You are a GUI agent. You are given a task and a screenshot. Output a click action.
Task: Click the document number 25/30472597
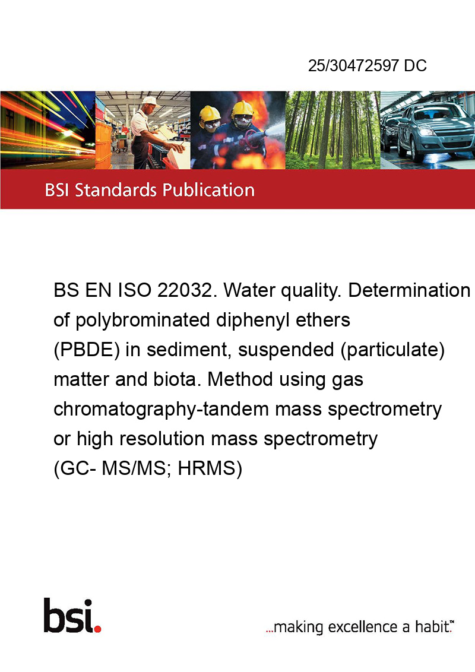353,65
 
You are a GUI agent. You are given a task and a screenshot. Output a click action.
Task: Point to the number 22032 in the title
184,290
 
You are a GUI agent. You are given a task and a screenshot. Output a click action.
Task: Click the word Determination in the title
409,290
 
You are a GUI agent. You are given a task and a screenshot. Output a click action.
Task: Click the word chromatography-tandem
161,409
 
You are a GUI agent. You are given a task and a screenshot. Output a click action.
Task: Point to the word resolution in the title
163,439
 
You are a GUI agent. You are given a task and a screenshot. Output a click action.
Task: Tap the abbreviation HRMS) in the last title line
210,468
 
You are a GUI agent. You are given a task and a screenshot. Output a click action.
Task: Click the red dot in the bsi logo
97,629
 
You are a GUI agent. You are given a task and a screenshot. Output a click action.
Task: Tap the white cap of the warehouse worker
150,101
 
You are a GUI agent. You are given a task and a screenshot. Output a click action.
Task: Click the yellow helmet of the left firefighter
209,113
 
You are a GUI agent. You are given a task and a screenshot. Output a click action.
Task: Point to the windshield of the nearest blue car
432,112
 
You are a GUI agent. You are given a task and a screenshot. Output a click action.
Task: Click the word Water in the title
249,290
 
